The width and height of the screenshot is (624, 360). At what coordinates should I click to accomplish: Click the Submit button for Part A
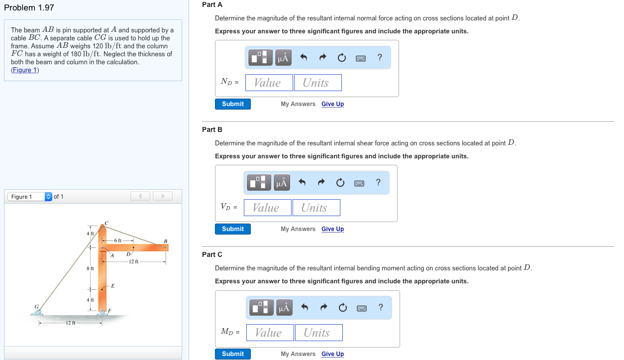pyautogui.click(x=232, y=104)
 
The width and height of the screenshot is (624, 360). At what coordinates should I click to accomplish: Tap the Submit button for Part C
pyautogui.click(x=232, y=354)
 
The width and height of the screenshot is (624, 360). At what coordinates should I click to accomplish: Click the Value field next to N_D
pyautogui.click(x=269, y=83)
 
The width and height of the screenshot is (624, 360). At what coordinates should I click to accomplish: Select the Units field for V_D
pyautogui.click(x=316, y=208)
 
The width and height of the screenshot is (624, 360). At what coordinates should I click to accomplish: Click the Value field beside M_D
pyautogui.click(x=270, y=333)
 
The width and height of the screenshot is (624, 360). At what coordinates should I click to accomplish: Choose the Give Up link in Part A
pyautogui.click(x=332, y=104)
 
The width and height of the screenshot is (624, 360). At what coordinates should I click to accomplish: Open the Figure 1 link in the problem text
pyautogui.click(x=25, y=70)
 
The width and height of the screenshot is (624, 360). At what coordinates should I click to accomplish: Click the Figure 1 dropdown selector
pyautogui.click(x=30, y=197)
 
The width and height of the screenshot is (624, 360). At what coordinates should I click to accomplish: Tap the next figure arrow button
pyautogui.click(x=162, y=196)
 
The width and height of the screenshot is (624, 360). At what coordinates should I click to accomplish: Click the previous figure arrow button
pyautogui.click(x=140, y=196)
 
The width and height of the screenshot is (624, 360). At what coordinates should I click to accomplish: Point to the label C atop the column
pyautogui.click(x=106, y=223)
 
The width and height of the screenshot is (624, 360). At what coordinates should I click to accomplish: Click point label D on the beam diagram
pyautogui.click(x=128, y=254)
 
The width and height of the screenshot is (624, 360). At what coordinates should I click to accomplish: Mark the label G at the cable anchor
pyautogui.click(x=36, y=306)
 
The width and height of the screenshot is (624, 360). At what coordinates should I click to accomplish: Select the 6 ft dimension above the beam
pyautogui.click(x=118, y=240)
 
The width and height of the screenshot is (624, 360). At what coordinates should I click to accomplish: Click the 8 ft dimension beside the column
pyautogui.click(x=90, y=268)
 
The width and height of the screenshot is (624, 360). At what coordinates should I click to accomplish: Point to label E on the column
pyautogui.click(x=113, y=286)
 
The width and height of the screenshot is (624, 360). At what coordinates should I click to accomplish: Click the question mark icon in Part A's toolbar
pyautogui.click(x=379, y=57)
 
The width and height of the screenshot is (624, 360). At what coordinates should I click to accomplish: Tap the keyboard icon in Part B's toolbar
pyautogui.click(x=359, y=183)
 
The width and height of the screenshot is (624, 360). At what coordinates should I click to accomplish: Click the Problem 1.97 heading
pyautogui.click(x=29, y=7)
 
